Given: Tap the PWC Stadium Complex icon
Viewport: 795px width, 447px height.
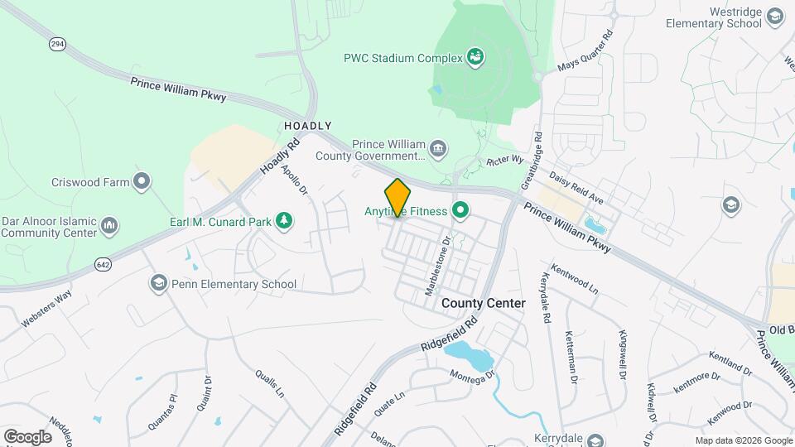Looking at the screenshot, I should [x=475, y=57].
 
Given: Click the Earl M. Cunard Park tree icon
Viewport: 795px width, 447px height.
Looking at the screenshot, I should [x=284, y=219].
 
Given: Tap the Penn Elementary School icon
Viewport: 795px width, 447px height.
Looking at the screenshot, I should [x=157, y=284].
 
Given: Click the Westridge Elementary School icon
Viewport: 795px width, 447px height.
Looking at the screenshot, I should [x=774, y=17].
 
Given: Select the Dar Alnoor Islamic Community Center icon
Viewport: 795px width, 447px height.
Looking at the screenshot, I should [x=109, y=225].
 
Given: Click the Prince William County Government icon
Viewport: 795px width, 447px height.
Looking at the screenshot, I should [x=439, y=149].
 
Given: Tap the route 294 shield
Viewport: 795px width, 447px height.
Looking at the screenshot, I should [x=56, y=44].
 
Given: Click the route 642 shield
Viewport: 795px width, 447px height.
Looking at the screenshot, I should [x=103, y=264].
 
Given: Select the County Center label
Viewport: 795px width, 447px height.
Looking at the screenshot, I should [x=483, y=303].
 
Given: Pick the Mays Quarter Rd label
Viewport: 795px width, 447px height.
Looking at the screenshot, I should [x=585, y=52].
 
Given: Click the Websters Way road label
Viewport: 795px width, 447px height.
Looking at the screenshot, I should [x=47, y=307].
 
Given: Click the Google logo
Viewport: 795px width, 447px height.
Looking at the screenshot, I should [x=27, y=436].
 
